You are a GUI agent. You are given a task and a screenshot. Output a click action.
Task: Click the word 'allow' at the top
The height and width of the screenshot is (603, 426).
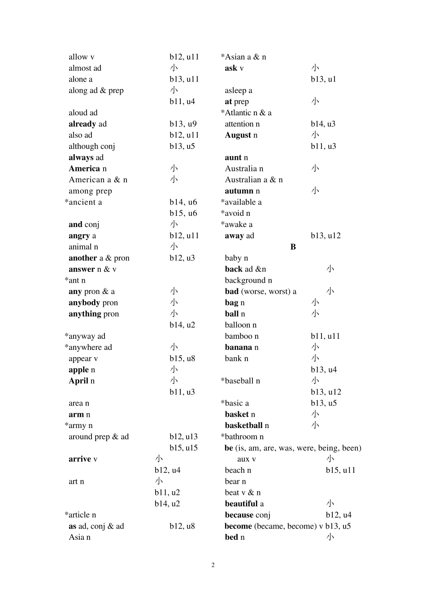pos(78,57)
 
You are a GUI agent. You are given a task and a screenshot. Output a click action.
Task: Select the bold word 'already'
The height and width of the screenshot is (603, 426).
pos(82,124)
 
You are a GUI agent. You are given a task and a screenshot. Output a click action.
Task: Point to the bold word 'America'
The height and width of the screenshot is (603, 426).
pos(84,169)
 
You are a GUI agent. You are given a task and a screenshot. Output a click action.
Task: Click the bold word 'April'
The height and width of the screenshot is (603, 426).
pos(78,381)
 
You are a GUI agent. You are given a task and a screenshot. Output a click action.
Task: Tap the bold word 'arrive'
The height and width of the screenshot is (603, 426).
pos(80,459)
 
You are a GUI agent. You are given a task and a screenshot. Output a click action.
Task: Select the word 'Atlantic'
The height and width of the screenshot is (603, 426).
pos(238,113)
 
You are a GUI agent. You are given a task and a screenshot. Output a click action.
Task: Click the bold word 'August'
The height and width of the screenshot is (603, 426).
pos(238,135)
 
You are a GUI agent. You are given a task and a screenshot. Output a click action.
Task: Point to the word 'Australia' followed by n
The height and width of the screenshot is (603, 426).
pos(241,169)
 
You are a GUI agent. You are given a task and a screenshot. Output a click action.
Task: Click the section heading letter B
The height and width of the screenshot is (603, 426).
pos(293,247)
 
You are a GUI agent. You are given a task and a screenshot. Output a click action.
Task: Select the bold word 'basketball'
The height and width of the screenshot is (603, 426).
pos(243,425)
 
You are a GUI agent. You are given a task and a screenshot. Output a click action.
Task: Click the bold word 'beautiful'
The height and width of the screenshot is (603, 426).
pos(241,504)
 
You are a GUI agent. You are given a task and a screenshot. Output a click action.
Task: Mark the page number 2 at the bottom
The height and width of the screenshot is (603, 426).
pos(213,565)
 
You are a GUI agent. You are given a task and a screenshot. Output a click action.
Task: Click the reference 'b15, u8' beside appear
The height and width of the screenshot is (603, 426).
pos(182,359)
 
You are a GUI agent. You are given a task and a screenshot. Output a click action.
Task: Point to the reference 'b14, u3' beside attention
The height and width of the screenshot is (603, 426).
pos(323,124)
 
